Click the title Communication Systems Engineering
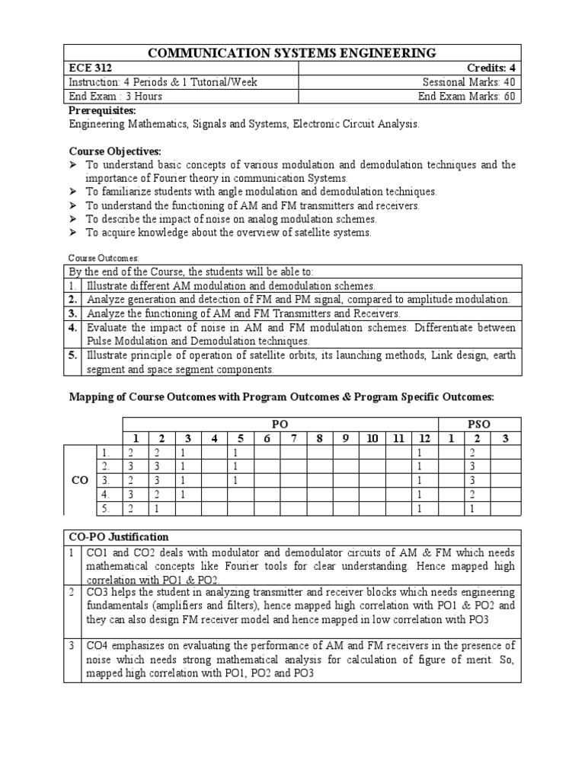(x=294, y=52)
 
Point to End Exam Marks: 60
(x=467, y=97)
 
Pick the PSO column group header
(x=478, y=423)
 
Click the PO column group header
(x=280, y=423)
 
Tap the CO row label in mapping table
(x=80, y=481)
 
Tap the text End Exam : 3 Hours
(x=116, y=97)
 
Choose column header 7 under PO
(x=292, y=438)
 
